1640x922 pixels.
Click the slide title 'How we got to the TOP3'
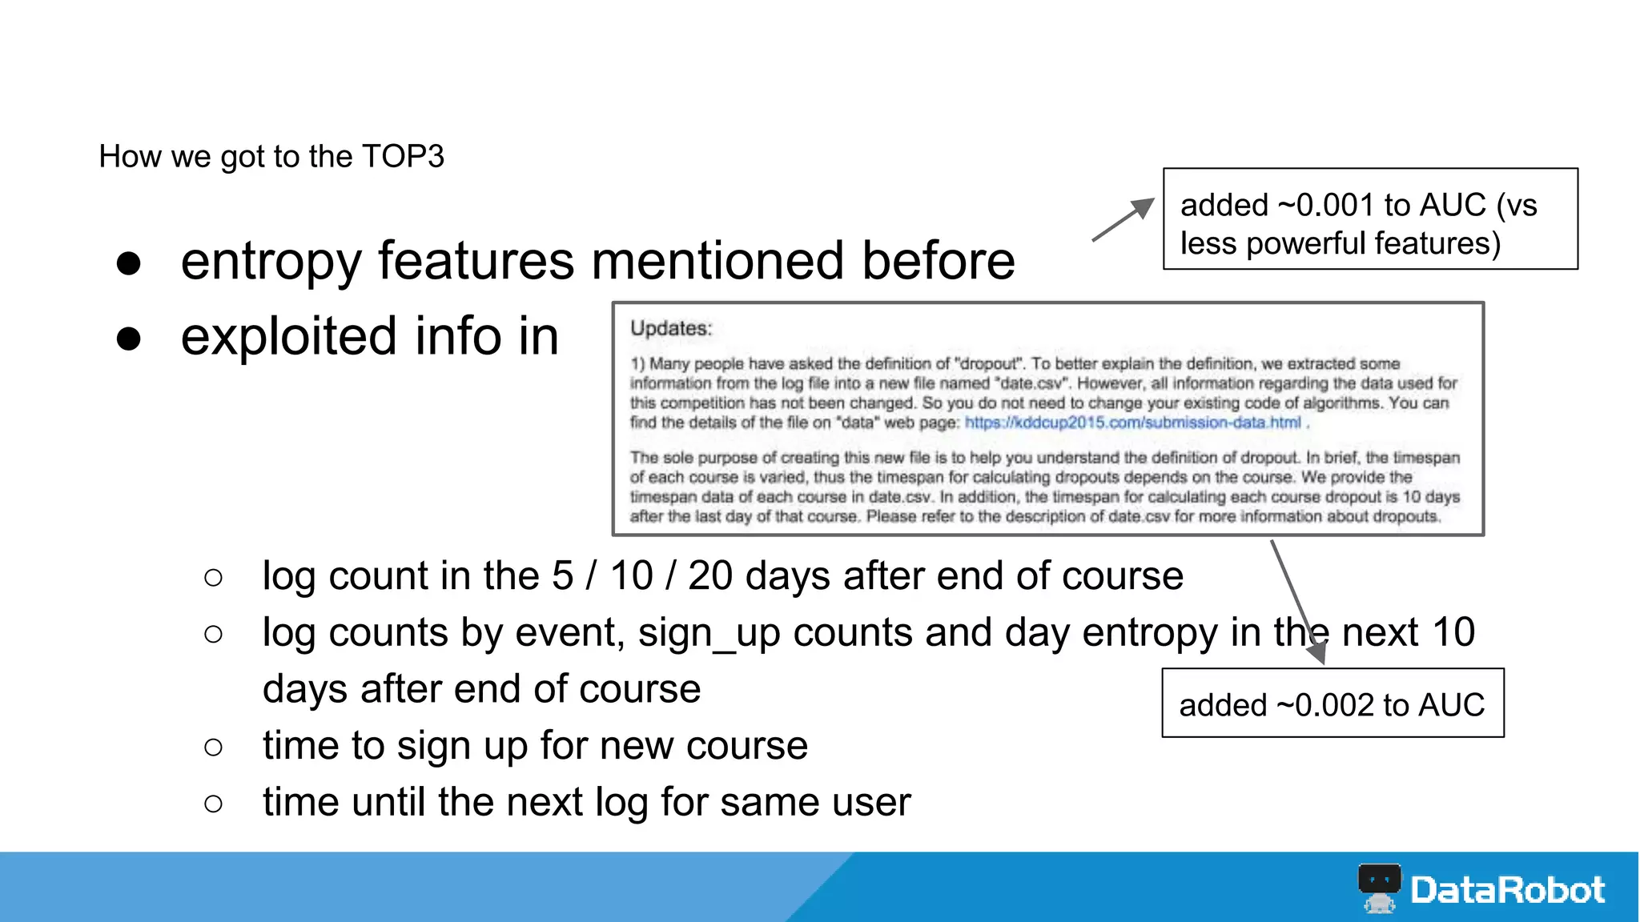pyautogui.click(x=271, y=157)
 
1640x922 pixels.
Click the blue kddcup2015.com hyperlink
pyautogui.click(x=1132, y=423)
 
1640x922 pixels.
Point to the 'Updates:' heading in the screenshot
pyautogui.click(x=670, y=328)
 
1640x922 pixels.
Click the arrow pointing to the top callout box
pyautogui.click(x=1123, y=218)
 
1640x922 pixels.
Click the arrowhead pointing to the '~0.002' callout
pyautogui.click(x=1316, y=652)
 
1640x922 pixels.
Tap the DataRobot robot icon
pyautogui.click(x=1379, y=888)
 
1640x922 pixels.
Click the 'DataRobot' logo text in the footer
pyautogui.click(x=1507, y=890)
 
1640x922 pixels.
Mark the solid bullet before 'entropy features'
pyautogui.click(x=129, y=263)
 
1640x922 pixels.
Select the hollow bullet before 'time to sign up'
pyautogui.click(x=213, y=747)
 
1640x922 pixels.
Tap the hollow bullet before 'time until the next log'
pyautogui.click(x=213, y=803)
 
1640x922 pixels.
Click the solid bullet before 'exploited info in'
pyautogui.click(x=129, y=339)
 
